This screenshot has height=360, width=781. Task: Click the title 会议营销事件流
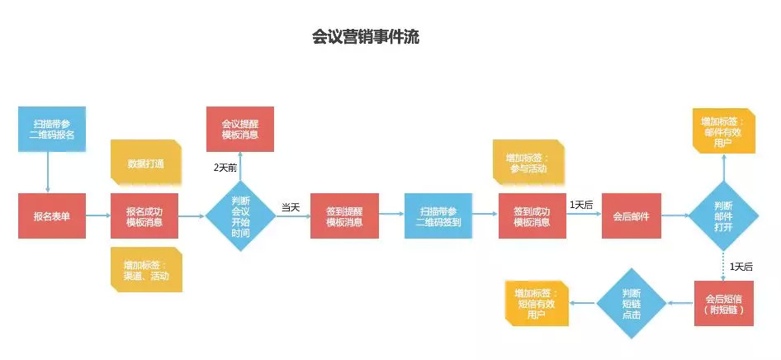366,37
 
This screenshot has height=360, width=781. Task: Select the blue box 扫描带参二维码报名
52,129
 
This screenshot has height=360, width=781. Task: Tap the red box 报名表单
52,216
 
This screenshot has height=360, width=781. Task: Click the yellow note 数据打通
145,163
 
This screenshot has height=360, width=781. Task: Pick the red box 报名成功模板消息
144,216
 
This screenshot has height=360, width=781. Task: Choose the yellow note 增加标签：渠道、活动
146,269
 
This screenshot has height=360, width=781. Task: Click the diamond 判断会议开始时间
240,216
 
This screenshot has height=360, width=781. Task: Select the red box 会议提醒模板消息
240,129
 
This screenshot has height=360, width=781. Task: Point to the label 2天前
225,168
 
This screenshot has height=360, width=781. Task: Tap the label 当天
291,206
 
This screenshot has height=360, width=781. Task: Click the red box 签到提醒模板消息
344,216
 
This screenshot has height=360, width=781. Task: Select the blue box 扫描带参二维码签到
438,216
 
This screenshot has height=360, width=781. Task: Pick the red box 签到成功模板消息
532,216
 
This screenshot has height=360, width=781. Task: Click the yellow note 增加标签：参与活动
529,163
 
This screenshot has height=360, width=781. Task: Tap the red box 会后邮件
631,216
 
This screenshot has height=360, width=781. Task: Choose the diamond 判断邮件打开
724,216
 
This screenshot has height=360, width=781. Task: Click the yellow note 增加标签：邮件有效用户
724,131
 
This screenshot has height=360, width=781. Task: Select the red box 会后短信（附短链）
724,303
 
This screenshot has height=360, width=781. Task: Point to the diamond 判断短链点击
632,303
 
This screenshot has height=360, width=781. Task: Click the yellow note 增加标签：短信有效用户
537,303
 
